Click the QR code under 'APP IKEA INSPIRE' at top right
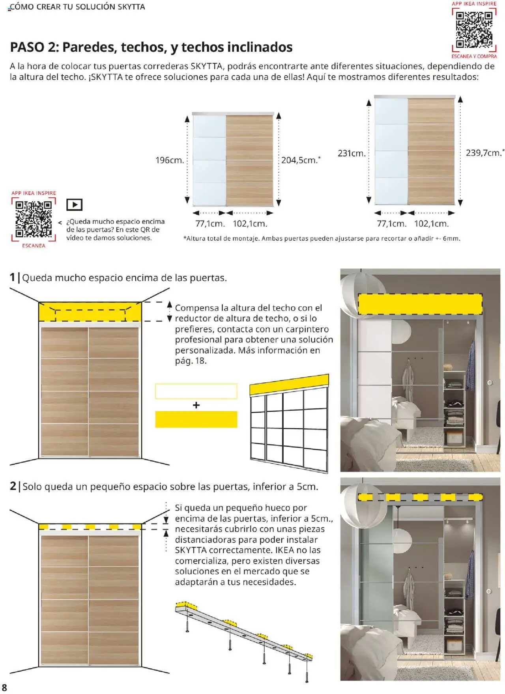click(474, 30)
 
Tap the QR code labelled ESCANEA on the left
click(34, 219)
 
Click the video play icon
click(74, 205)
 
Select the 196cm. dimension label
click(170, 160)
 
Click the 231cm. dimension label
click(352, 153)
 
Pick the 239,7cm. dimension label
click(484, 153)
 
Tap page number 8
click(5, 687)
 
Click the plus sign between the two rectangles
click(196, 405)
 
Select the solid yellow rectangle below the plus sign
click(196, 419)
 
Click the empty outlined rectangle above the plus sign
click(196, 391)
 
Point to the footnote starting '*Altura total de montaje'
click(322, 238)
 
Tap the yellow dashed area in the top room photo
click(420, 304)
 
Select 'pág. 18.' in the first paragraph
click(191, 361)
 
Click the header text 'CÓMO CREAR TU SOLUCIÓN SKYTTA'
click(77, 7)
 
